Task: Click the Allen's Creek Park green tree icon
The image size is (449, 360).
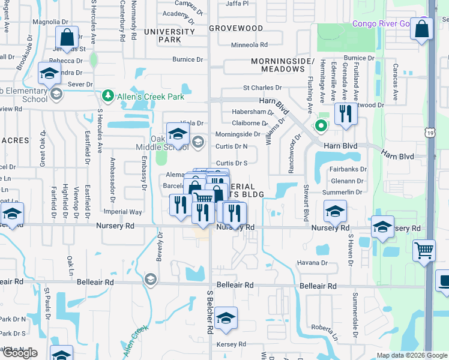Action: coord(107,95)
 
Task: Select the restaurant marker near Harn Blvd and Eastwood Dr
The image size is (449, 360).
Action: coord(345,113)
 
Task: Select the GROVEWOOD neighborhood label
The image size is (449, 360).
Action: coord(236,28)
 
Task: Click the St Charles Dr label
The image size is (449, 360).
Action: coord(262,88)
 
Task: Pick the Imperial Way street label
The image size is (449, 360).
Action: coord(123,212)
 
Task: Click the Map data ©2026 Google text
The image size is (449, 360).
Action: coord(411,355)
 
